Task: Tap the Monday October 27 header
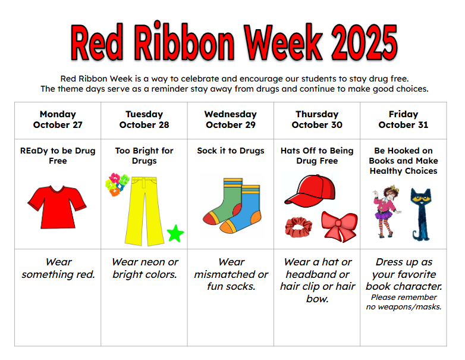tap(58, 120)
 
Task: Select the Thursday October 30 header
tap(317, 120)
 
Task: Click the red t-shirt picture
tap(58, 206)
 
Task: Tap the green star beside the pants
tap(175, 233)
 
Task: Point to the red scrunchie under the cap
tap(298, 227)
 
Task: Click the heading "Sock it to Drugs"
tap(231, 151)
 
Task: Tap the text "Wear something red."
tap(58, 268)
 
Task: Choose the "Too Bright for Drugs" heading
tap(144, 156)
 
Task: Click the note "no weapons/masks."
tap(404, 307)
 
